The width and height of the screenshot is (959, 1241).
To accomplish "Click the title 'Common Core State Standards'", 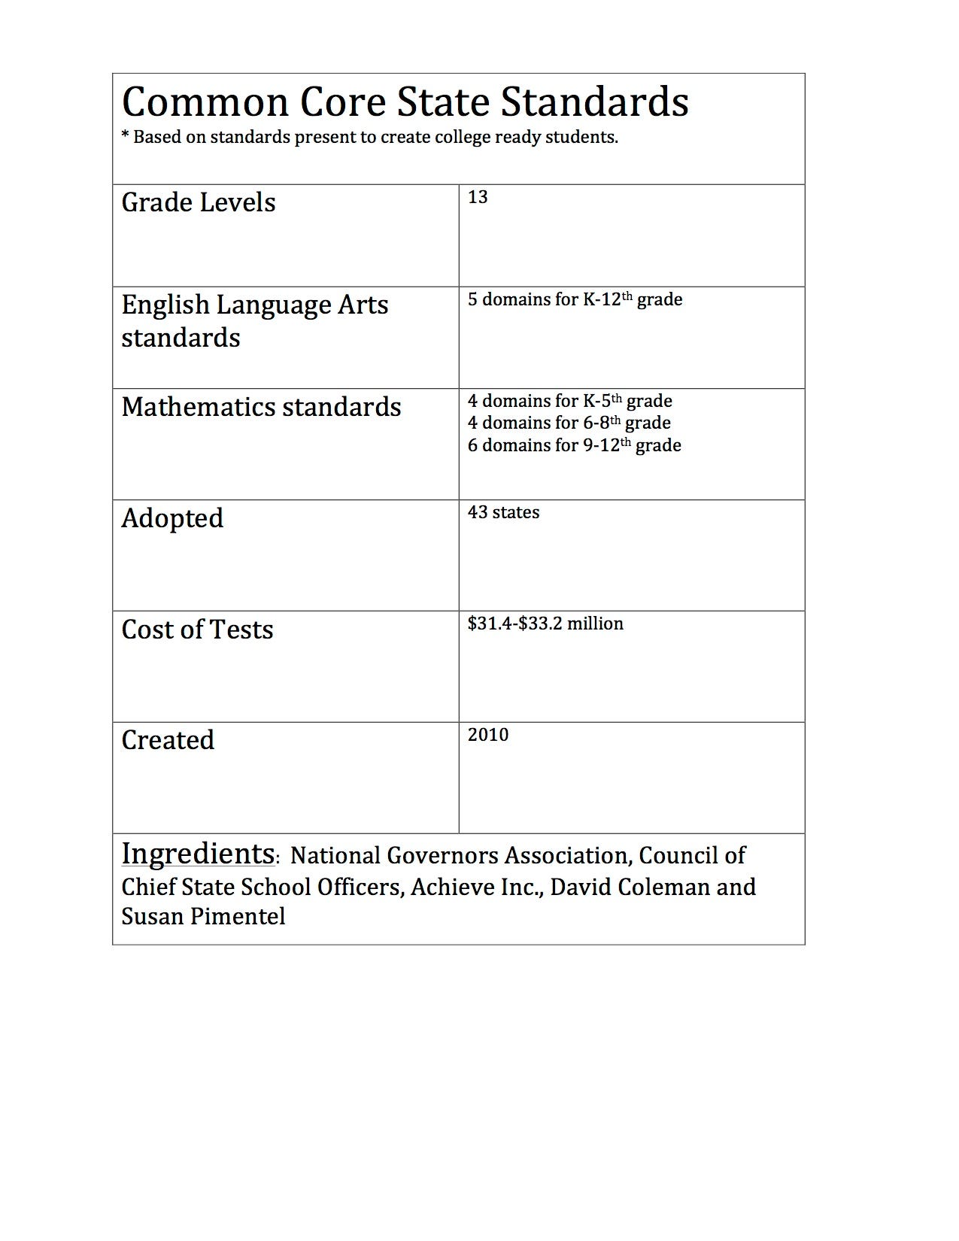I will tap(405, 102).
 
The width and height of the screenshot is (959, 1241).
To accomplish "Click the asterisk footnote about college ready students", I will tap(369, 138).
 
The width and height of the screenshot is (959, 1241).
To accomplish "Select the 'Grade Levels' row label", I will tap(199, 202).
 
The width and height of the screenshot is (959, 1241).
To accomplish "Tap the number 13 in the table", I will tap(478, 197).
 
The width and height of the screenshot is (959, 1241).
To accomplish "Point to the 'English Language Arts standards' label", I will tap(255, 321).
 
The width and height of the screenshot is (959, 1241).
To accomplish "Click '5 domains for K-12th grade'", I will tap(575, 299).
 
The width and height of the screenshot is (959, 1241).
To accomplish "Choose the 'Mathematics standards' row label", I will tap(261, 407).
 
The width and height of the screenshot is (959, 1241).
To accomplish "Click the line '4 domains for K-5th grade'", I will tap(569, 401).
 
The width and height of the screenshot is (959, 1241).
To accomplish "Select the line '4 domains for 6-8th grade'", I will tap(569, 423).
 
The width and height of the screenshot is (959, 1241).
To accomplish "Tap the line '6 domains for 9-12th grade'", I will tap(574, 445).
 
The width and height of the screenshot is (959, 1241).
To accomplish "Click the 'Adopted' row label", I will tap(172, 518).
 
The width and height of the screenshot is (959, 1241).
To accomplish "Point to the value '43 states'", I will tap(503, 512).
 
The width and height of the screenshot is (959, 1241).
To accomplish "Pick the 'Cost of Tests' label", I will tap(197, 630).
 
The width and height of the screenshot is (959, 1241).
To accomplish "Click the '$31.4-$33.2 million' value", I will tap(545, 624).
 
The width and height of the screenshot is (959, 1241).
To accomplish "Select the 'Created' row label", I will tap(168, 740).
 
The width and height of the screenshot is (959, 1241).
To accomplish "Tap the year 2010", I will tap(488, 735).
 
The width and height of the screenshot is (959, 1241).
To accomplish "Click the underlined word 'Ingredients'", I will tap(198, 854).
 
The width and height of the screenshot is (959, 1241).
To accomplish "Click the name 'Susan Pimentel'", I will tap(203, 916).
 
